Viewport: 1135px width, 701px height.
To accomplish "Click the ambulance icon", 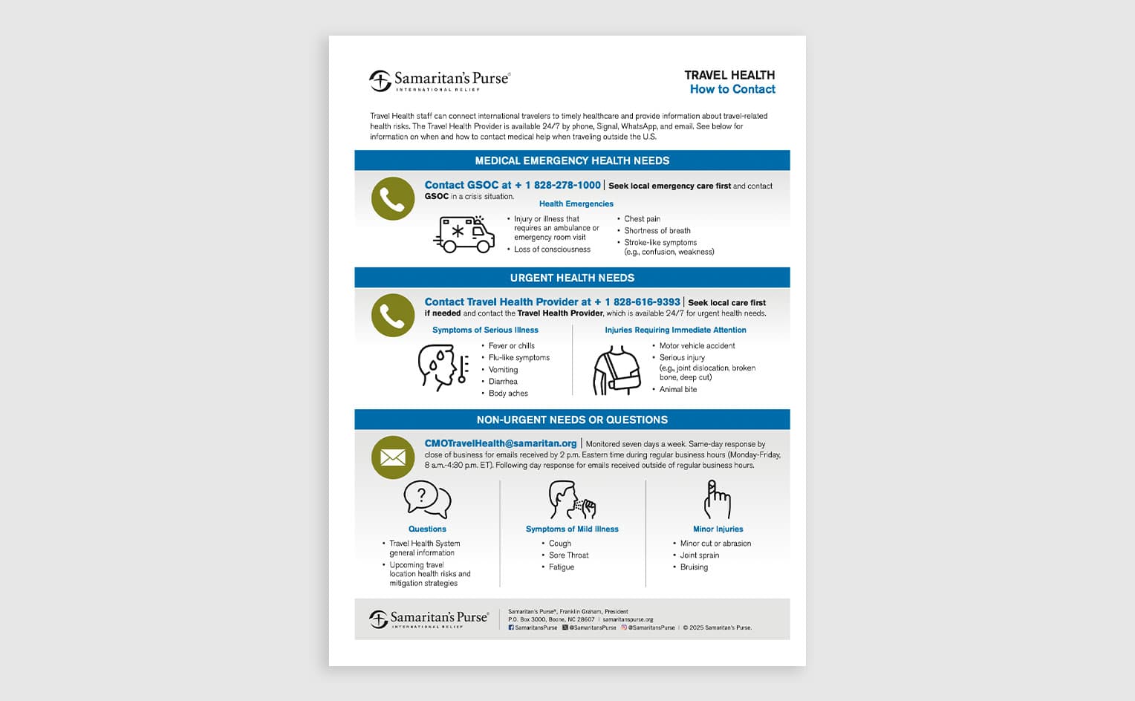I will [464, 234].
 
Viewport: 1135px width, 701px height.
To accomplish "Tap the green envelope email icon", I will [393, 457].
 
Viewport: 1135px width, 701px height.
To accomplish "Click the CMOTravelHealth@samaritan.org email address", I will [501, 443].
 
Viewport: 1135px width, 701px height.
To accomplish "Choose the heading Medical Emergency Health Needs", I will [572, 160].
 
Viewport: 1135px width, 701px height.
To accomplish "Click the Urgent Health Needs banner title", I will [572, 278].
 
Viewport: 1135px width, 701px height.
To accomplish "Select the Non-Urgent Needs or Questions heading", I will [572, 420].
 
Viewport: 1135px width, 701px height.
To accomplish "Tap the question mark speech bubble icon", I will [427, 499].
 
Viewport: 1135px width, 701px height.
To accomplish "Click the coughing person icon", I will [572, 500].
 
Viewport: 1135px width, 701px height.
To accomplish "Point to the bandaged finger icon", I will [718, 500].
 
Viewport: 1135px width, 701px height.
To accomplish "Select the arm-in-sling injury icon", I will [617, 371].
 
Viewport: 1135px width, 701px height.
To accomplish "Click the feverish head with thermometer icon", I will [443, 368].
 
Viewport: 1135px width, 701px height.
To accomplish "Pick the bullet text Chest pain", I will [642, 219].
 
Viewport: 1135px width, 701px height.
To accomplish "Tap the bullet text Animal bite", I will [677, 389].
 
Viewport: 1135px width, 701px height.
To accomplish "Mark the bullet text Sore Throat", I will [568, 555].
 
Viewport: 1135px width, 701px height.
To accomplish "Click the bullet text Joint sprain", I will [699, 555].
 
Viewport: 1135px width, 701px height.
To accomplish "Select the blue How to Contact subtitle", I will [732, 89].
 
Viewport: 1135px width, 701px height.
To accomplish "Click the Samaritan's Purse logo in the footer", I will [429, 619].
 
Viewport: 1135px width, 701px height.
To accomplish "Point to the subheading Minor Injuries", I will [718, 529].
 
